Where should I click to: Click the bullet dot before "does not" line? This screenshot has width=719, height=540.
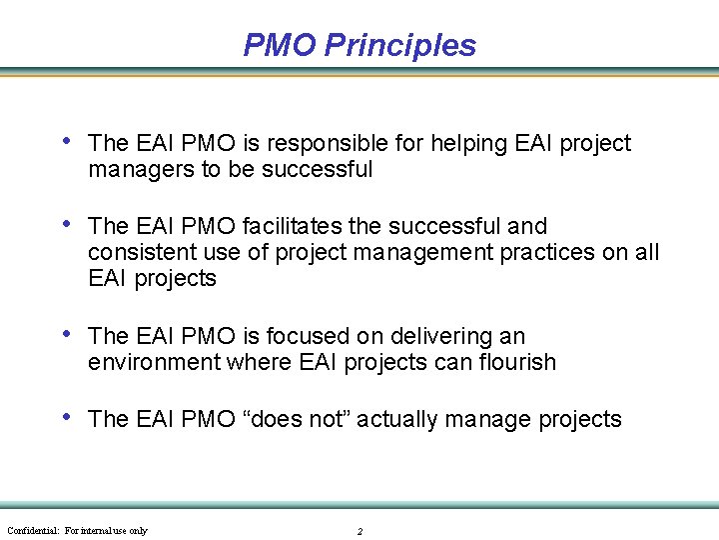click(65, 418)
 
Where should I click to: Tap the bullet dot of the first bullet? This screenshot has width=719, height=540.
click(65, 142)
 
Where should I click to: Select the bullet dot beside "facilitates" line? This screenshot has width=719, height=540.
click(65, 225)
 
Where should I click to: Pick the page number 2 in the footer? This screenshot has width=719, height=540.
click(359, 531)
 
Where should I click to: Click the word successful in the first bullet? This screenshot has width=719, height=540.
click(317, 170)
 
